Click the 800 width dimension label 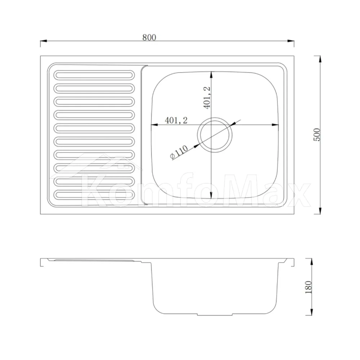149,37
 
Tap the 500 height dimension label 316,135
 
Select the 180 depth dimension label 309,287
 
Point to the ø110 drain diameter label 179,152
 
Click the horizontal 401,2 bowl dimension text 176,120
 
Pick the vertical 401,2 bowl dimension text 207,98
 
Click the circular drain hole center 215,135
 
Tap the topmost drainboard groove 94,75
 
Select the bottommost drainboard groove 94,195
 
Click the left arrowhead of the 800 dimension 44,41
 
